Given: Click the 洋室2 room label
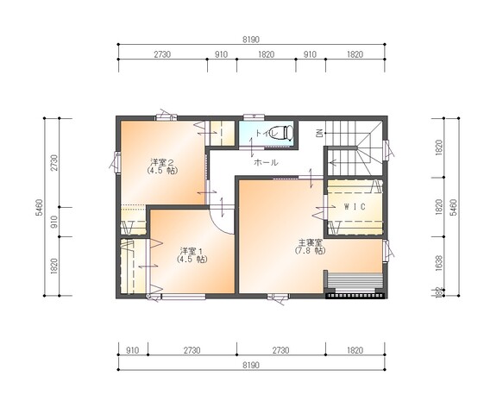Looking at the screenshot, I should pyautogui.click(x=163, y=161).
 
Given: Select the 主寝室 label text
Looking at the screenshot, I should pyautogui.click(x=310, y=242).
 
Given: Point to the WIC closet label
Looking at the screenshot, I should pyautogui.click(x=354, y=208).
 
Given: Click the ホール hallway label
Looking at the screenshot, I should pyautogui.click(x=265, y=162).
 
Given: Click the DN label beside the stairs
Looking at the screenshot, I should pyautogui.click(x=318, y=133).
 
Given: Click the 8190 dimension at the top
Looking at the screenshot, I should pyautogui.click(x=252, y=40).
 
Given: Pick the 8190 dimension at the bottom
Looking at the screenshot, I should pyautogui.click(x=252, y=364).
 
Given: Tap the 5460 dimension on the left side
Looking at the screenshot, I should pyautogui.click(x=41, y=206).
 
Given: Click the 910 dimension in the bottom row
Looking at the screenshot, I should pyautogui.click(x=132, y=350).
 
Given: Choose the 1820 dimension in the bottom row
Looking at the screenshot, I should pyautogui.click(x=355, y=350).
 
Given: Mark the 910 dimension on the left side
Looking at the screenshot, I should pyautogui.click(x=54, y=220).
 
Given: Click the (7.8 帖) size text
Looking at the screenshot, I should pyautogui.click(x=310, y=251).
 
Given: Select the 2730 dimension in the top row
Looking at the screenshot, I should pyautogui.click(x=163, y=54).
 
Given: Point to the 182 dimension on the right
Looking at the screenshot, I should pyautogui.click(x=439, y=293).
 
